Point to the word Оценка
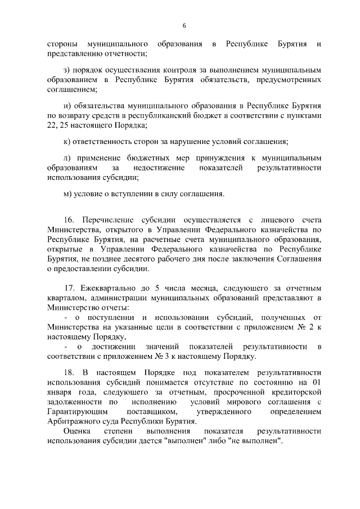[x=76, y=431]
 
